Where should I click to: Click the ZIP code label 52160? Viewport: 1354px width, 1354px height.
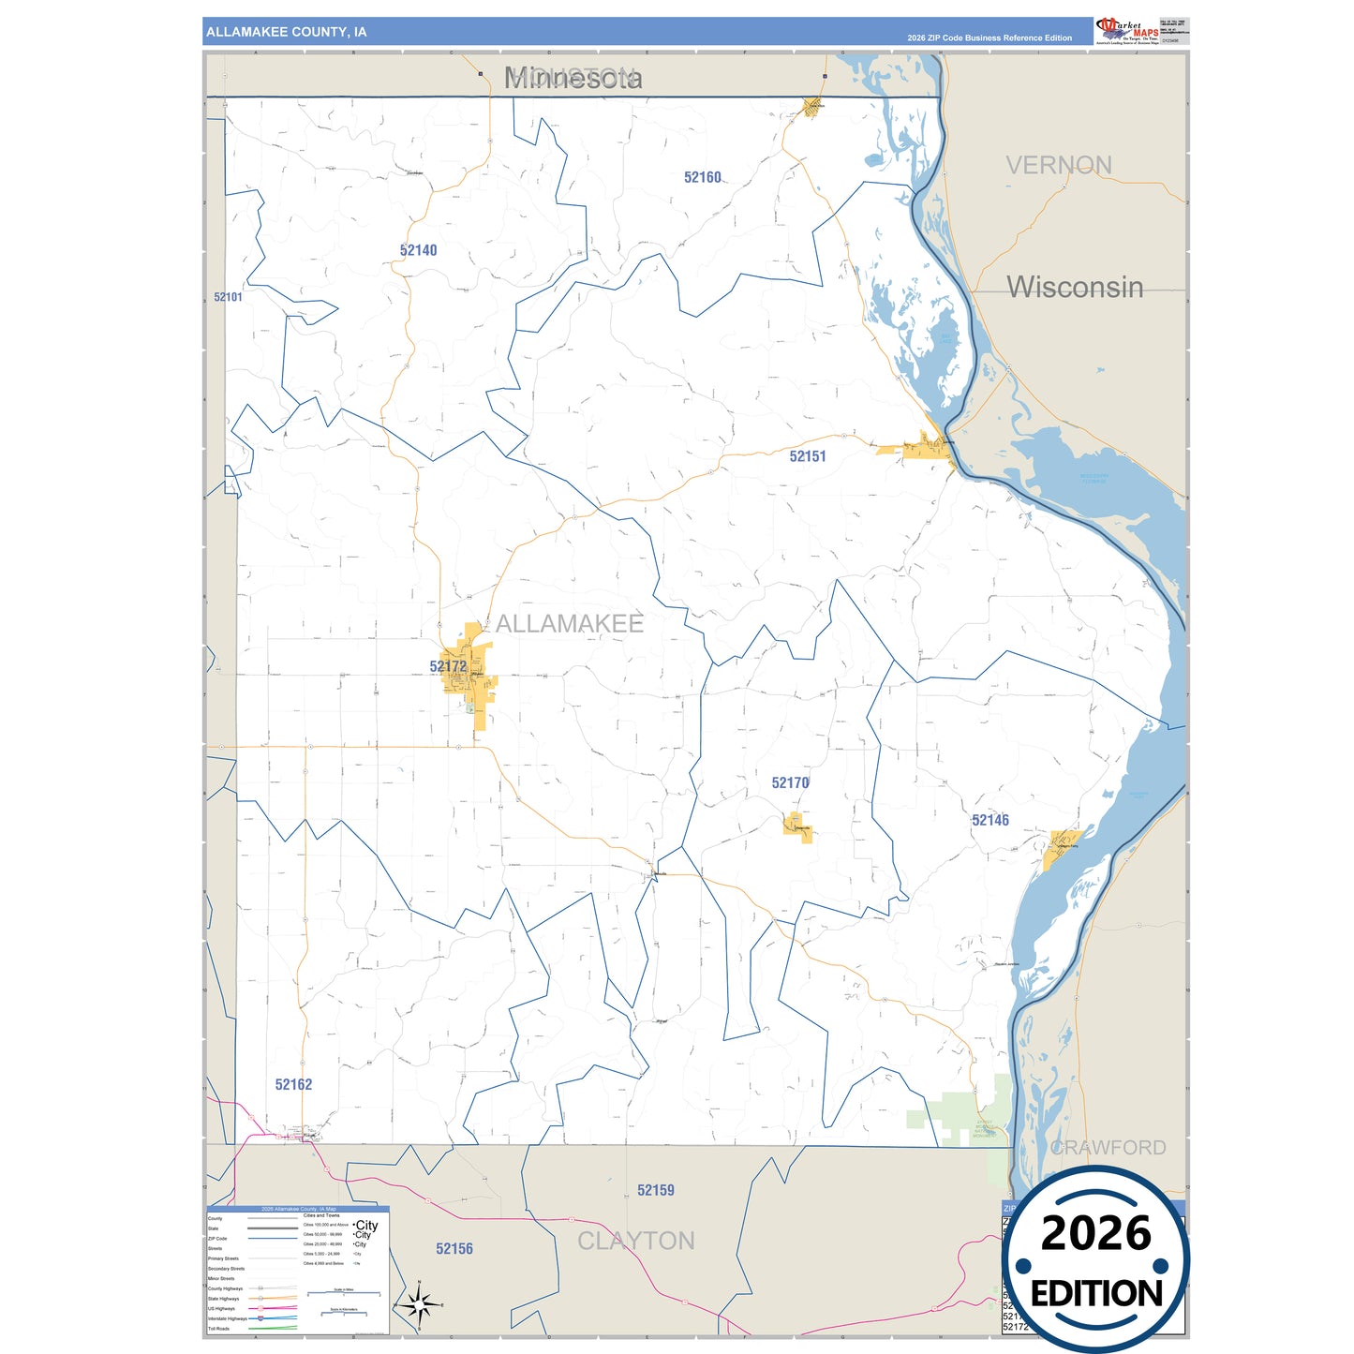(702, 177)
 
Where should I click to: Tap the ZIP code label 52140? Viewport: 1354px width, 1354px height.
(418, 250)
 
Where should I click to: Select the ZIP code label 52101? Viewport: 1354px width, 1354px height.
(228, 297)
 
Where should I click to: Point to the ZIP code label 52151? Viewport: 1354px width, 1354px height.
(807, 456)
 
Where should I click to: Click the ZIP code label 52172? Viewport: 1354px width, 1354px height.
(448, 666)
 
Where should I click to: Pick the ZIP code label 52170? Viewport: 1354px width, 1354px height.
(790, 782)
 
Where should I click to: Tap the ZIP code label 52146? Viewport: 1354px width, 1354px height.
(989, 820)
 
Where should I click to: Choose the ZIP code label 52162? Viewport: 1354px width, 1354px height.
(293, 1084)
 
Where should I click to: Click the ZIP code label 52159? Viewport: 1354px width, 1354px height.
(655, 1190)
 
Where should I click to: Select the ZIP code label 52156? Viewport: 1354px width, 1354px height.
(454, 1248)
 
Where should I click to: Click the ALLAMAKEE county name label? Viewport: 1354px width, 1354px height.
(569, 623)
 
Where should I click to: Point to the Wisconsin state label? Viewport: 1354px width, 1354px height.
(1075, 287)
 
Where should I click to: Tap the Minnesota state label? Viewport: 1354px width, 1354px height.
(573, 78)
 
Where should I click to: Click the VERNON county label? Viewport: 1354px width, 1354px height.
(1059, 165)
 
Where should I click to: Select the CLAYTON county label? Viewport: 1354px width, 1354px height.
(636, 1241)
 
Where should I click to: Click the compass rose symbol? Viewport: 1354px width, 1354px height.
(419, 1303)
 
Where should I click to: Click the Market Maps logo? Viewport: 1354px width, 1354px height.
(1126, 31)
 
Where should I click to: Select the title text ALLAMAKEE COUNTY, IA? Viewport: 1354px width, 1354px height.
(287, 32)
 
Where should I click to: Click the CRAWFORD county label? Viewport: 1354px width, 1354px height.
(1108, 1147)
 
